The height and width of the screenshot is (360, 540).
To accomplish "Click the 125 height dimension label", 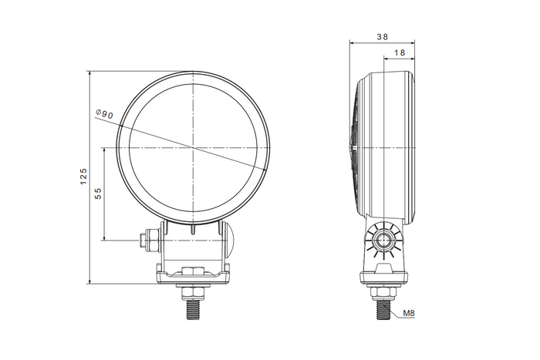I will pyautogui.click(x=83, y=177).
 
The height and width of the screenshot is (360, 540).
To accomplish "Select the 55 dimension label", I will pyautogui.click(x=98, y=193).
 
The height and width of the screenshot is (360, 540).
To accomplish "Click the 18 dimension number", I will pyautogui.click(x=400, y=52).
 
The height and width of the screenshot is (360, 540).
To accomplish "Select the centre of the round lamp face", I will pyautogui.click(x=192, y=146).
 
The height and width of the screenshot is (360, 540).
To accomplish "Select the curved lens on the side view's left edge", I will pyautogui.click(x=356, y=146).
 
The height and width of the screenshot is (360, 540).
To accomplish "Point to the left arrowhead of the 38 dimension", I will pyautogui.click(x=353, y=42).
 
